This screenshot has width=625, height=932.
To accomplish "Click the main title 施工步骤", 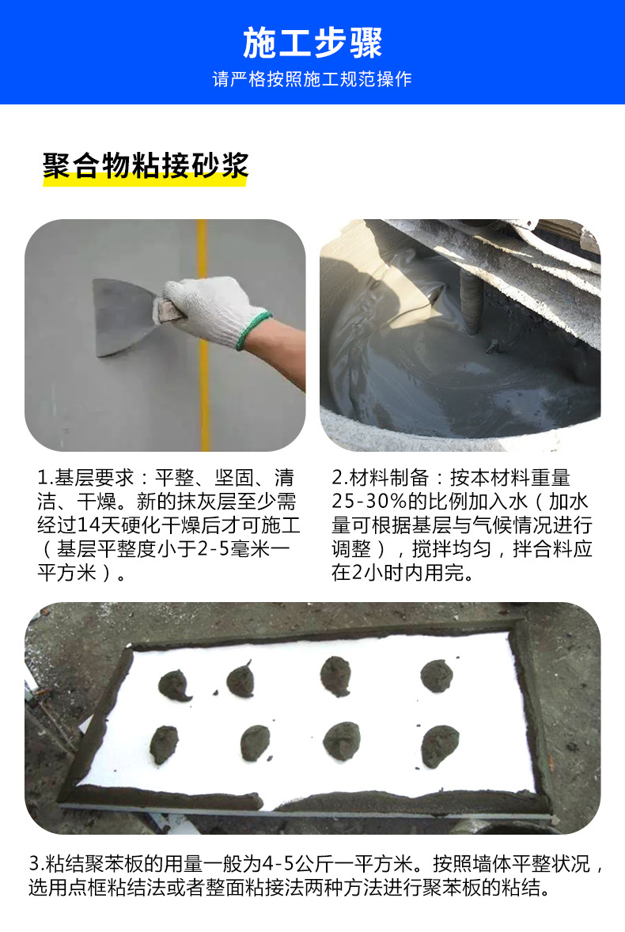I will coord(312,43).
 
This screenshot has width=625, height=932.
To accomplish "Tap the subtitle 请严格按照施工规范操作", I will coord(312,80).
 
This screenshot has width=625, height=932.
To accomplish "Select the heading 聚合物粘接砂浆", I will coord(146,166).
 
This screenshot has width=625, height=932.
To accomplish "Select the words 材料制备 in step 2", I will coord(390,478).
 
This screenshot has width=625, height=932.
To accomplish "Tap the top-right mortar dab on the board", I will coord(436,676).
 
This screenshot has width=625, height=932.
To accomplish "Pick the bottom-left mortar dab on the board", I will coord(165,744).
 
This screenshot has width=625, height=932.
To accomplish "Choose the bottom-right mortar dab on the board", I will coord(440,745).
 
